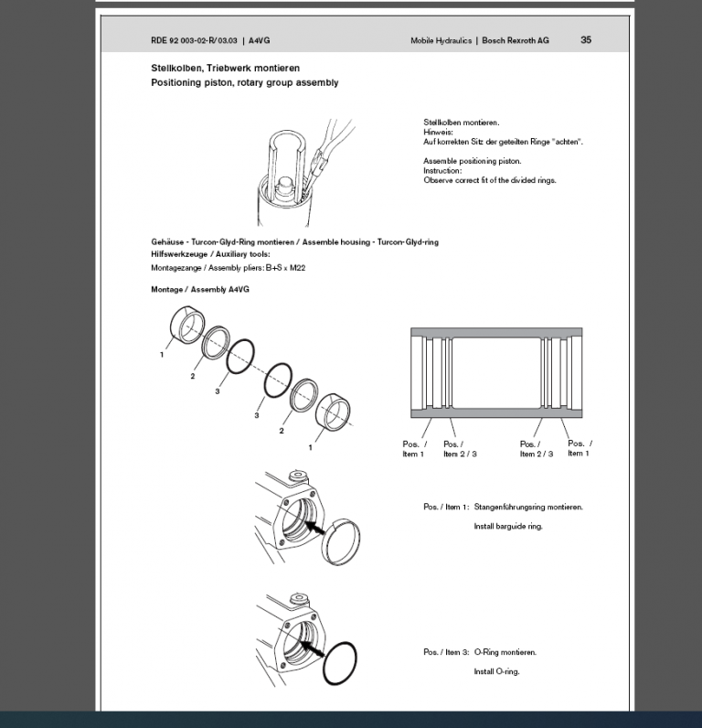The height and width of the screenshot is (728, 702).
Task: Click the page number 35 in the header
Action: [585, 40]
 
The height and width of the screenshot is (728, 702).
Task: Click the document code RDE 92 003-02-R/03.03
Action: [194, 41]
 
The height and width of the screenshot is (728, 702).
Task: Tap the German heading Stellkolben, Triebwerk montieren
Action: [225, 68]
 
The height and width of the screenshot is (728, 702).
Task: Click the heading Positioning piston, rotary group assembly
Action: [244, 82]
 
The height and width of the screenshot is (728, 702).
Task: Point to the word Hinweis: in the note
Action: [438, 132]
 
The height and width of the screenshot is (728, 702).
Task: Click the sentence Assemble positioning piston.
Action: [472, 161]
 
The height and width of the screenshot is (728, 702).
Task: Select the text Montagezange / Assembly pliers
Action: [206, 268]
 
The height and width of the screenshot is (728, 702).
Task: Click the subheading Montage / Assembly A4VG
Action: [200, 289]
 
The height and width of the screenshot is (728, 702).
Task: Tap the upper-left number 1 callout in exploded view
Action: [162, 354]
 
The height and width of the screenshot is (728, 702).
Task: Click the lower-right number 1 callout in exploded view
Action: [310, 447]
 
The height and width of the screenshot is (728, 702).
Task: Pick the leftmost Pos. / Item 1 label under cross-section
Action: [414, 448]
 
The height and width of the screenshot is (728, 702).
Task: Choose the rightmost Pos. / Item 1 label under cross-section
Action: [580, 448]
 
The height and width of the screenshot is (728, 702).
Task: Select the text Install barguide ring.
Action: [507, 527]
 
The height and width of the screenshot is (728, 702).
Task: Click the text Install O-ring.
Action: [496, 671]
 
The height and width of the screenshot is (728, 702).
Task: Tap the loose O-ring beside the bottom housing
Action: [340, 663]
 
